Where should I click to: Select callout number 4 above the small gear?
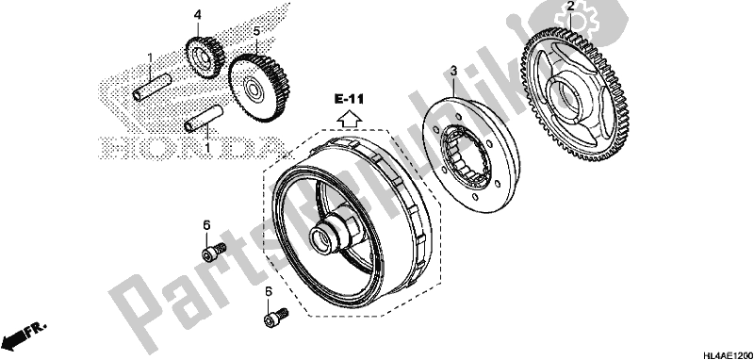pyautogui.click(x=198, y=14)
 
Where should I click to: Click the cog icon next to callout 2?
pyautogui.click(x=593, y=19)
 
